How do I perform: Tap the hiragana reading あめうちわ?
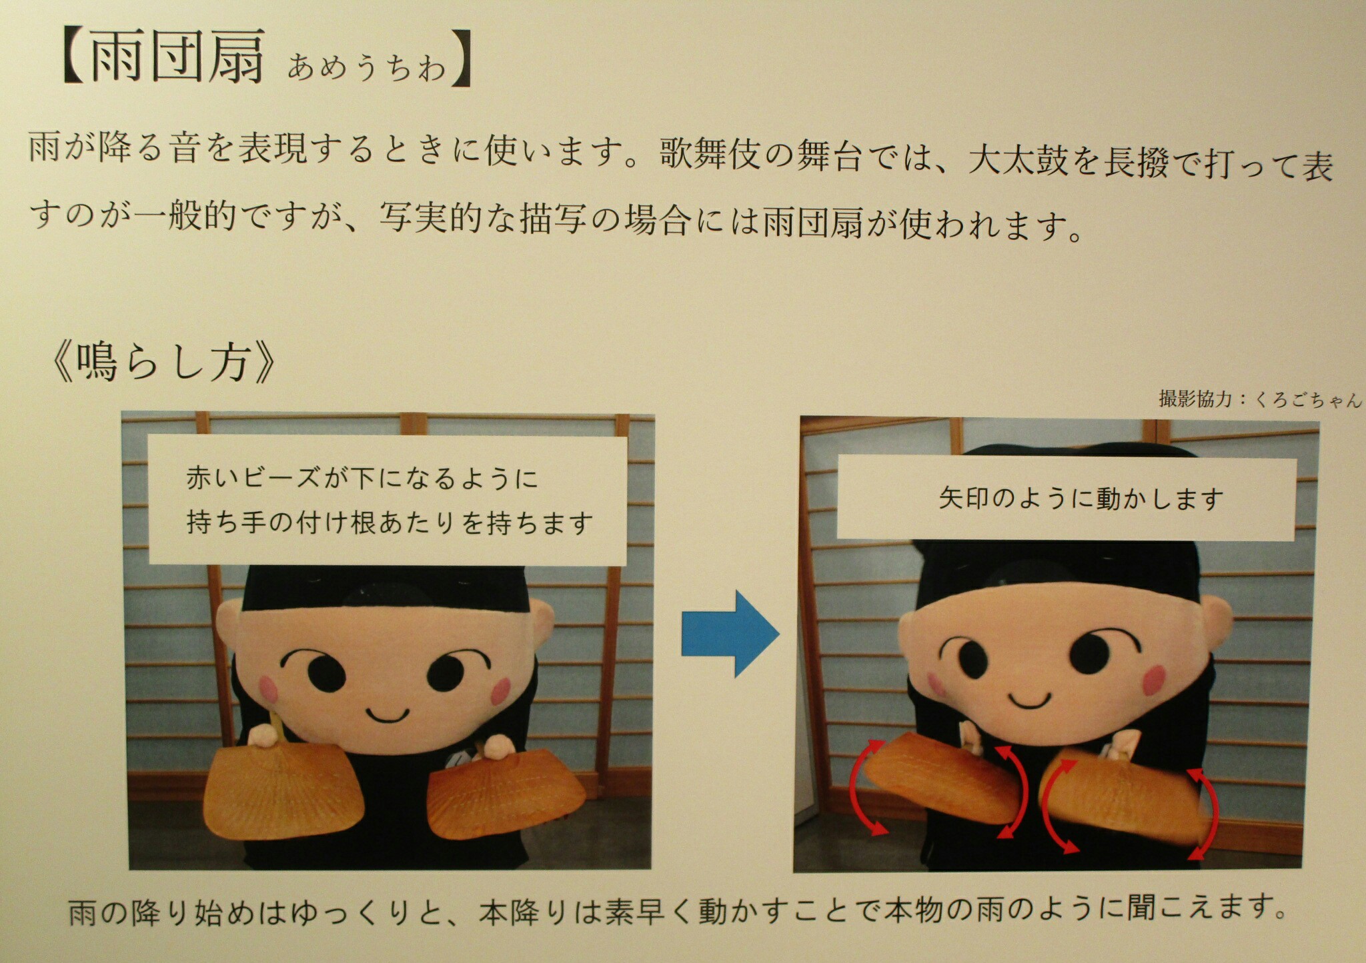[367, 67]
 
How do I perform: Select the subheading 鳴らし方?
[163, 363]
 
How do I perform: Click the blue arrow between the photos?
[730, 633]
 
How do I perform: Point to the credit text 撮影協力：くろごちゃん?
[1260, 399]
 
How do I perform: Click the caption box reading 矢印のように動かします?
[1067, 498]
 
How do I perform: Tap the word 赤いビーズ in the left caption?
[254, 479]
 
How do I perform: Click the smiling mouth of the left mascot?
[388, 714]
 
